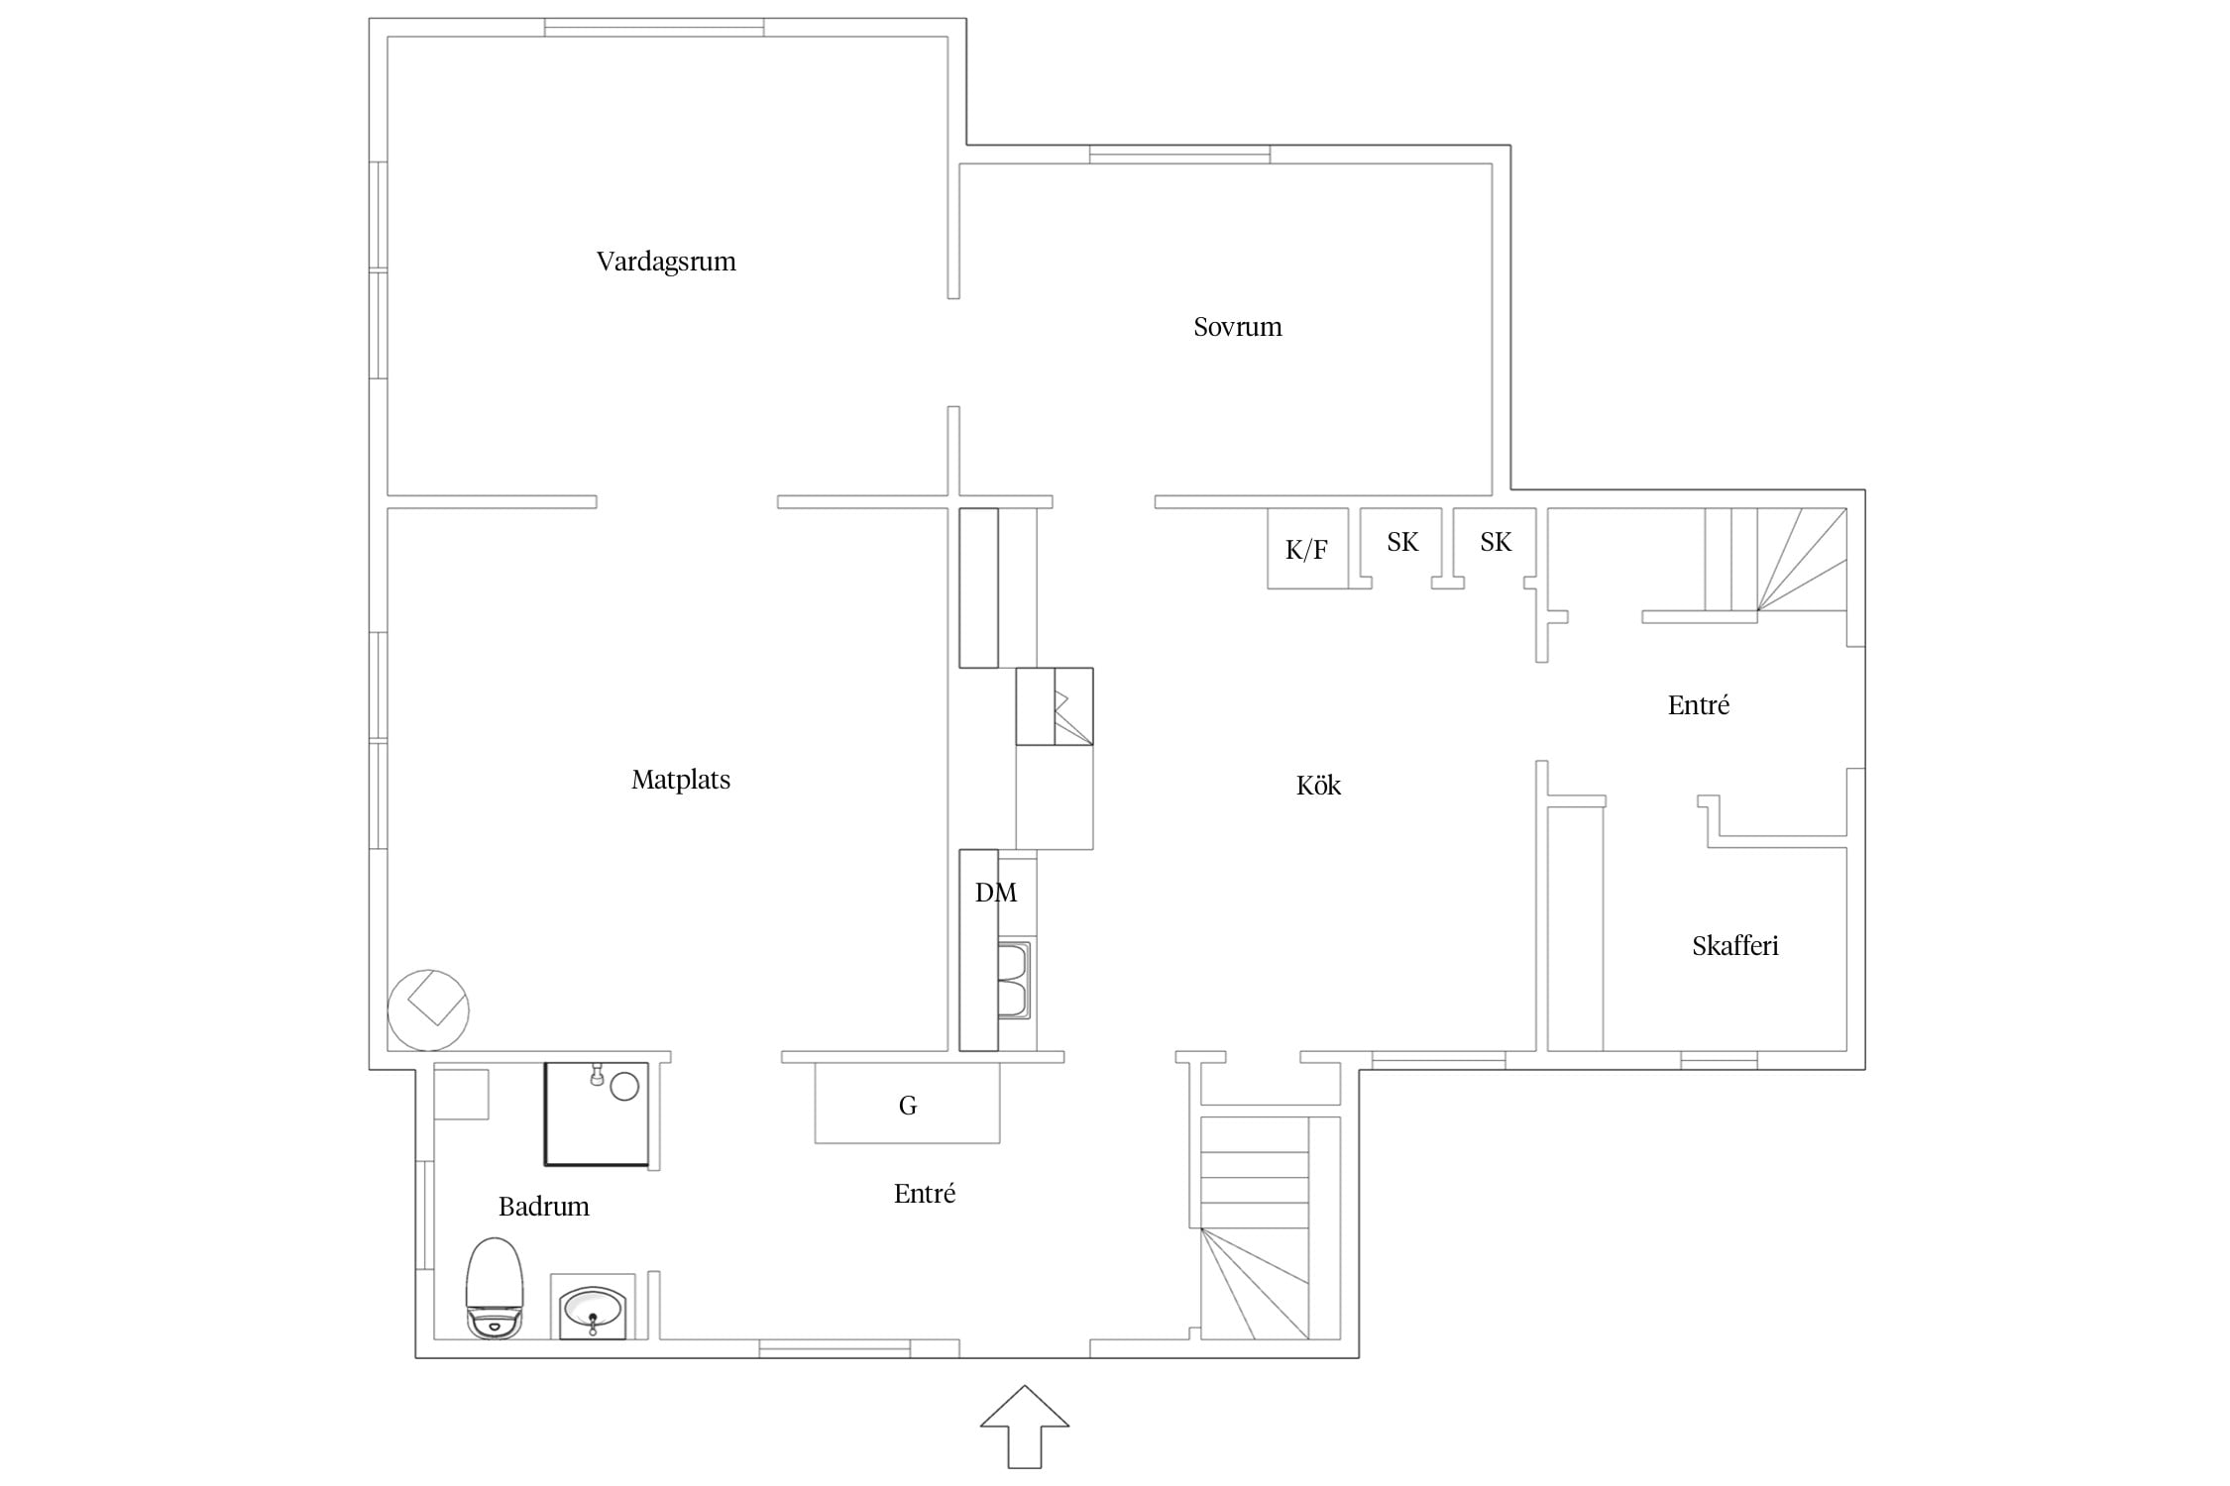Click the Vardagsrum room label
pos(666,263)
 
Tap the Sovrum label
pos(1238,327)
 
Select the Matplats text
pos(681,780)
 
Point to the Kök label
pos(1318,786)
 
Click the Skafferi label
pos(1735,946)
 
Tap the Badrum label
pos(544,1207)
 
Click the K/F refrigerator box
pos(1307,549)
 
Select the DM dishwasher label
pos(996,893)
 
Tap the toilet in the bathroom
pos(494,1288)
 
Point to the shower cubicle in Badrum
pos(597,1114)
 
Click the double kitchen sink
pos(1014,980)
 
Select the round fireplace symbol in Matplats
pos(428,1009)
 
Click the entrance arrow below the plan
pos(1025,1427)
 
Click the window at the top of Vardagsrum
pos(654,28)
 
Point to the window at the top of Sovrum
pos(1179,155)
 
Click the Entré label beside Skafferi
pos(1699,705)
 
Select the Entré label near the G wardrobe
pos(925,1194)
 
